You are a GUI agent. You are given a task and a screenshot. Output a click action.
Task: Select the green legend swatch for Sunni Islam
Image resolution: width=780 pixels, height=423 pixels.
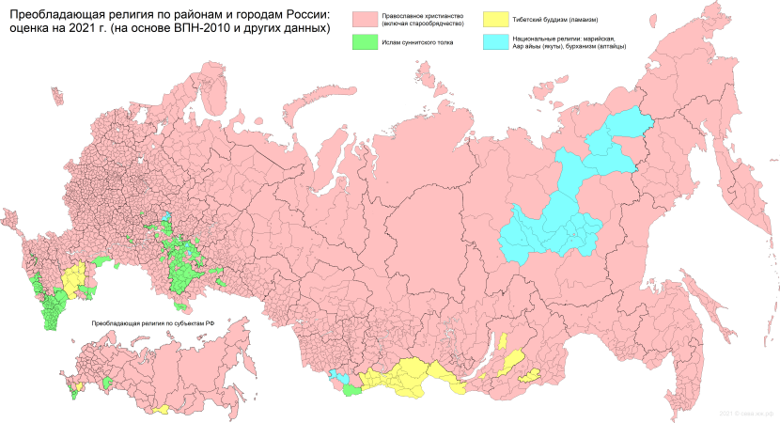pyautogui.click(x=366, y=42)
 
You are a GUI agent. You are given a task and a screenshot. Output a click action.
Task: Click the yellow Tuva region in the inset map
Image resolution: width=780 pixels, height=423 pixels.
pyautogui.click(x=161, y=409)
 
